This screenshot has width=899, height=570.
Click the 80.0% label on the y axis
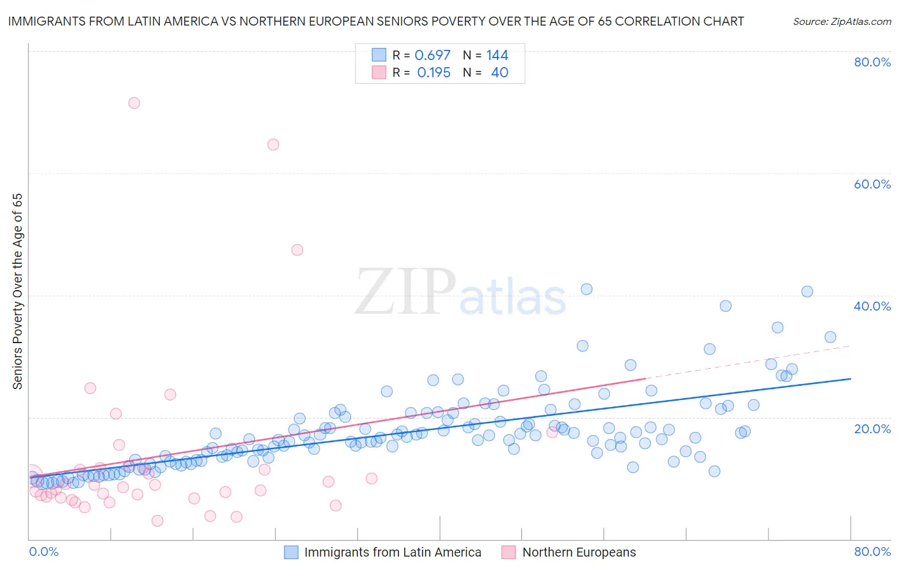tap(872, 62)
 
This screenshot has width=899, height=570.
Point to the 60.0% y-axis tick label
tap(872, 184)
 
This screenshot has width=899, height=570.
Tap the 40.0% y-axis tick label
tap(872, 306)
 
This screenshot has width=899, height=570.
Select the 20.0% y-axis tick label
tap(872, 428)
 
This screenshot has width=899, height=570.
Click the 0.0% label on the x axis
tap(43, 551)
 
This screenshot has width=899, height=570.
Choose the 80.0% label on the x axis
tap(872, 551)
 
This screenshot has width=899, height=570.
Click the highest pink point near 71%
tap(134, 103)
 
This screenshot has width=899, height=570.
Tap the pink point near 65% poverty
tap(273, 144)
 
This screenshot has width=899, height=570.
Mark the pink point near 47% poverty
tap(297, 250)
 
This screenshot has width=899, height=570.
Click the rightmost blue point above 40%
tap(807, 291)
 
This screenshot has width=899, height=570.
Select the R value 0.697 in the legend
tap(433, 56)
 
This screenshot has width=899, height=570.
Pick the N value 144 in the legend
tap(497, 56)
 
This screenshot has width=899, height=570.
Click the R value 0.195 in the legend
tap(434, 73)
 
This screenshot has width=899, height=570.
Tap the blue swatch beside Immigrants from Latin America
tap(292, 552)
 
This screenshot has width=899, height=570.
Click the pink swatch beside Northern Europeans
tap(509, 552)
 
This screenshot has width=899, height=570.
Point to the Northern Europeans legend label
tap(579, 552)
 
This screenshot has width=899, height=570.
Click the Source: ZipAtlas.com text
tap(841, 21)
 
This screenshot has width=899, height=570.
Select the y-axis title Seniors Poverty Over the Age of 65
tap(17, 291)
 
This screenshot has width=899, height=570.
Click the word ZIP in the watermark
tap(405, 293)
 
